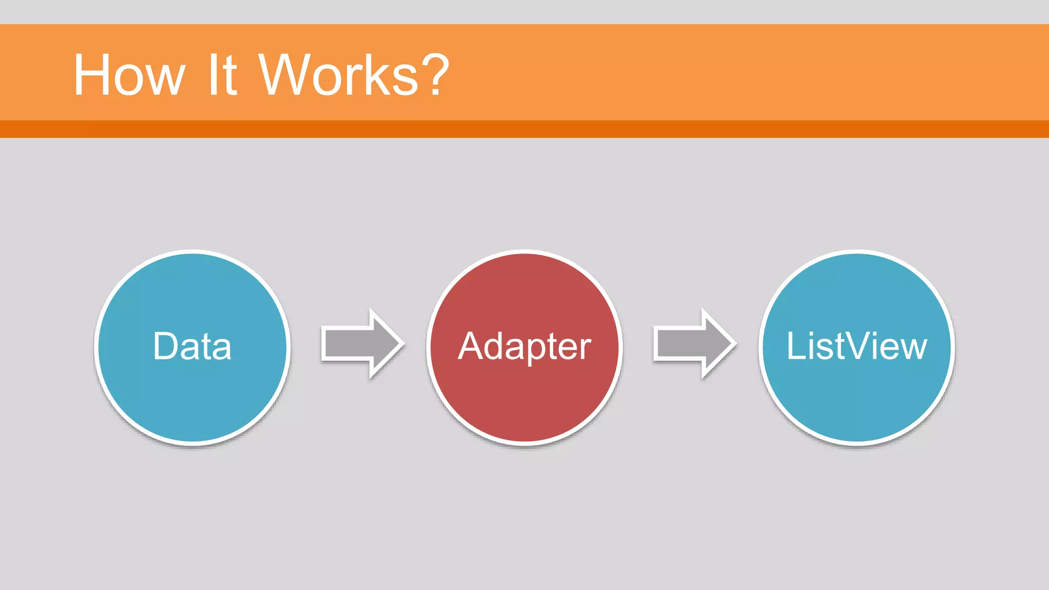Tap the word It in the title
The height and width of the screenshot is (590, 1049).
coord(222,76)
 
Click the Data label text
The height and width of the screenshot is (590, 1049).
coord(192,347)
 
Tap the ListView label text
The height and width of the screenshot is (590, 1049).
coord(856,347)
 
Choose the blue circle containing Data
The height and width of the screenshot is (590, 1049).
coord(193,405)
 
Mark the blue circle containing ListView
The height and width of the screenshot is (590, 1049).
coord(856,405)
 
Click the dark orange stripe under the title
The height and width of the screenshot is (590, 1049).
coord(524,129)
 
